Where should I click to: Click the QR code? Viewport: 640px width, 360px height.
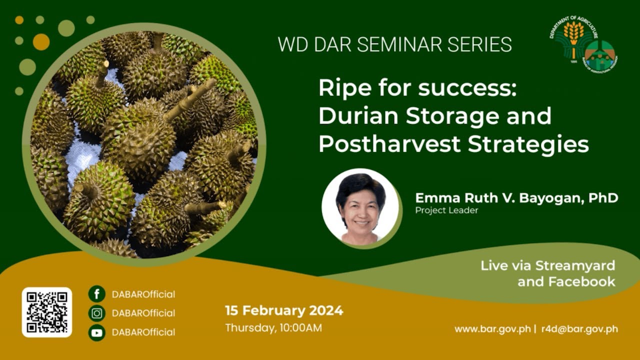tap(47, 312)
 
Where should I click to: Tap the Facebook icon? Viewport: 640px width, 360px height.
tap(96, 294)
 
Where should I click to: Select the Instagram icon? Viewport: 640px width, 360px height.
tap(96, 313)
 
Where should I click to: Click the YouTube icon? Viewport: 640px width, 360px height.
tap(96, 332)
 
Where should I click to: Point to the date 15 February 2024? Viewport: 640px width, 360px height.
tap(284, 310)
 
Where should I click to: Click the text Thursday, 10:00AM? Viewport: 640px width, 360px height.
tap(273, 328)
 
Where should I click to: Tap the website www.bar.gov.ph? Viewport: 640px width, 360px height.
tap(492, 329)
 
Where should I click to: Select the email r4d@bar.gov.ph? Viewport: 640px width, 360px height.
tap(579, 329)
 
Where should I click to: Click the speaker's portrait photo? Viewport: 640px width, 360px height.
tap(360, 207)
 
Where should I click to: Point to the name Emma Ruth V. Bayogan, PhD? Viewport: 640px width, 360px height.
tap(516, 198)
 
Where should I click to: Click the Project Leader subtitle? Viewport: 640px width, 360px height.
tap(446, 210)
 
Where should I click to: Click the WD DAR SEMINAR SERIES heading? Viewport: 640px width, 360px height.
tap(394, 44)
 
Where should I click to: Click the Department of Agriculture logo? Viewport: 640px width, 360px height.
tap(571, 40)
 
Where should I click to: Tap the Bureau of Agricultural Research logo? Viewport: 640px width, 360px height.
tap(600, 56)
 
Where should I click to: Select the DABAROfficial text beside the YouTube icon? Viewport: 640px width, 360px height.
tap(143, 332)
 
